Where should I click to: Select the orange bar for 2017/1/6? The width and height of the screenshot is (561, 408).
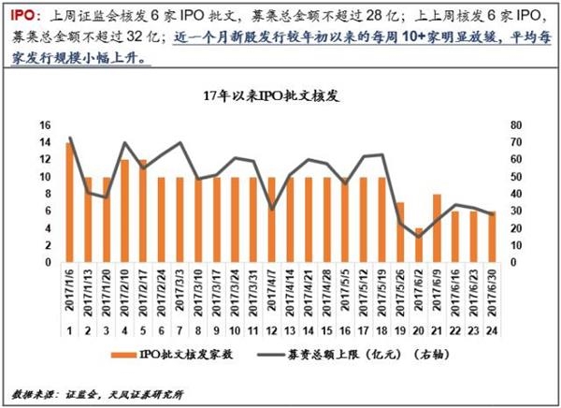70,202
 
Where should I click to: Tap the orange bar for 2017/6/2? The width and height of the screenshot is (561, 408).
419,245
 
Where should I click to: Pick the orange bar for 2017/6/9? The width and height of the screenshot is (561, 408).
437,228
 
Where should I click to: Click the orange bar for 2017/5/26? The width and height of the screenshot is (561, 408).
400,232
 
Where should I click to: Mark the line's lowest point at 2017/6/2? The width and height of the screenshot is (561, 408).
419,236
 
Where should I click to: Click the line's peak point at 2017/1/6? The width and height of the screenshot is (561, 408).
70,138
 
